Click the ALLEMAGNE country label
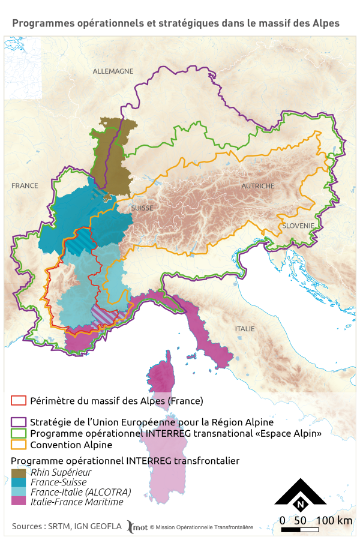click(x=113, y=71)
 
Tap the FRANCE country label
click(x=25, y=186)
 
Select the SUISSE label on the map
click(x=141, y=208)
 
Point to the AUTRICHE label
click(x=257, y=186)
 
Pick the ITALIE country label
click(x=245, y=329)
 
